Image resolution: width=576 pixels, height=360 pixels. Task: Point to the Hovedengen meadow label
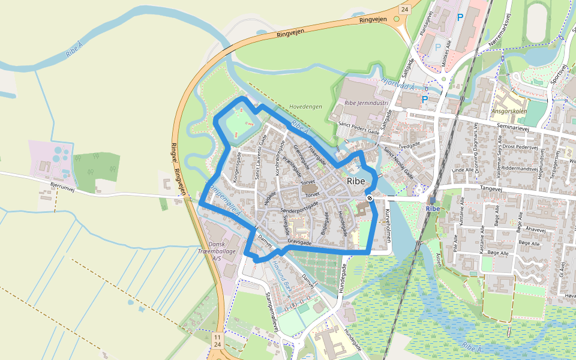305,106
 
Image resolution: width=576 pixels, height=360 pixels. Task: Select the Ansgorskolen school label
510,111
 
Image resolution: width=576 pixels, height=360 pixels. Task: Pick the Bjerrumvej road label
62,188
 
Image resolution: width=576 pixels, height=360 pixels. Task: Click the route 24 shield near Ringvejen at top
404,9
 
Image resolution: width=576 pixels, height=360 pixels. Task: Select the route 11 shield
217,338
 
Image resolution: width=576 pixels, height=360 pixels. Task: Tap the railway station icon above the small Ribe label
432,200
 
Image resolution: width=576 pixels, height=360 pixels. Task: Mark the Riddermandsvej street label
524,168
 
